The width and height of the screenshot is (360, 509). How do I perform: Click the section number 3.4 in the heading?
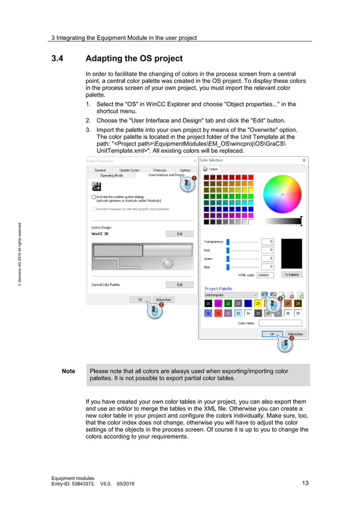(x=58, y=58)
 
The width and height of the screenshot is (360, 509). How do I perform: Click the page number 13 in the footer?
(x=305, y=483)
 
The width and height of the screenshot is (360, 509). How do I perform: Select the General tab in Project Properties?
(x=100, y=170)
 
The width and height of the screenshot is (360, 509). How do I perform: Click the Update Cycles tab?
(x=129, y=170)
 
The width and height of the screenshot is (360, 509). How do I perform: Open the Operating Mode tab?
(x=111, y=175)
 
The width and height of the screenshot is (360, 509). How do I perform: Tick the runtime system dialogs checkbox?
(x=94, y=198)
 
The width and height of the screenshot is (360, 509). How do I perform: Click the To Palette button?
(x=292, y=275)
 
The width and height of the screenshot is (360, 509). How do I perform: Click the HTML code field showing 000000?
(x=265, y=275)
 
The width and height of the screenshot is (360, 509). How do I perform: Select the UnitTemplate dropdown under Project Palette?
(x=230, y=295)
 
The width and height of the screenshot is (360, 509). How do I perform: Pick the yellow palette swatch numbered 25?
(x=258, y=304)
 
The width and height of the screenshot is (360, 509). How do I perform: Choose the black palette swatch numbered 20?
(x=208, y=304)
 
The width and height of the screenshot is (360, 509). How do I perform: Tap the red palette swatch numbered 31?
(x=218, y=313)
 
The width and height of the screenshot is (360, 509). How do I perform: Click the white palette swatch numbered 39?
(x=298, y=313)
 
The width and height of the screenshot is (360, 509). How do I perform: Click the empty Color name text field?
(x=279, y=323)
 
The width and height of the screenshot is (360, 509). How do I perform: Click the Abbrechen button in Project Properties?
(x=163, y=300)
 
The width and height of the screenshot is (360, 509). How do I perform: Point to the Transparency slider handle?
(x=228, y=242)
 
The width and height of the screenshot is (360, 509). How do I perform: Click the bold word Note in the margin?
(x=68, y=371)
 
